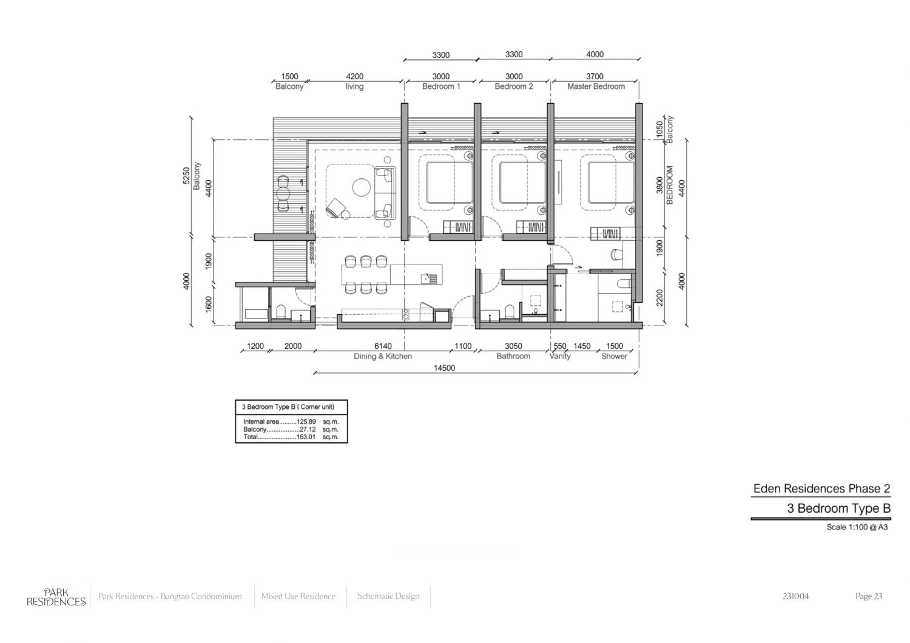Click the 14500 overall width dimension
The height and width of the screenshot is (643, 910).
pyautogui.click(x=444, y=368)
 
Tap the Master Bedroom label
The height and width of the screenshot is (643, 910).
pyautogui.click(x=596, y=87)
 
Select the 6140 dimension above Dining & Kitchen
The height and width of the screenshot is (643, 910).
pyautogui.click(x=383, y=346)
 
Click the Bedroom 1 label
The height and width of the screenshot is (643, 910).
pyautogui.click(x=441, y=87)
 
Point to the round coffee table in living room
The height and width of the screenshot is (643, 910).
pyautogui.click(x=361, y=188)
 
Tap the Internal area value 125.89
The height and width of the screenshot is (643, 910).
pyautogui.click(x=308, y=422)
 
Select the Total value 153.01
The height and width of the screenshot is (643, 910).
pyautogui.click(x=308, y=437)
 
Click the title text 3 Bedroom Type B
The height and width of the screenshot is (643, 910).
pyautogui.click(x=839, y=508)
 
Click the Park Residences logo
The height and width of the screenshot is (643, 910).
pyautogui.click(x=56, y=597)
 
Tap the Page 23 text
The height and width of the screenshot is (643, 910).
pyautogui.click(x=869, y=596)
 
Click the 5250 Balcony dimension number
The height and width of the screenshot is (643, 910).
pyautogui.click(x=186, y=176)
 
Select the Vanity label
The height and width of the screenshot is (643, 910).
pyautogui.click(x=560, y=356)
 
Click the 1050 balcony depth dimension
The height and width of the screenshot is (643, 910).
pyautogui.click(x=660, y=129)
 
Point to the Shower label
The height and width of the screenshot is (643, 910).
pyautogui.click(x=614, y=356)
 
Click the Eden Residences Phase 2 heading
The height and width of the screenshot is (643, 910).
pyautogui.click(x=822, y=489)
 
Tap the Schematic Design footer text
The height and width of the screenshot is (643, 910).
pyautogui.click(x=388, y=596)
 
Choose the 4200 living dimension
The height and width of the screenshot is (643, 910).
pyautogui.click(x=355, y=76)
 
